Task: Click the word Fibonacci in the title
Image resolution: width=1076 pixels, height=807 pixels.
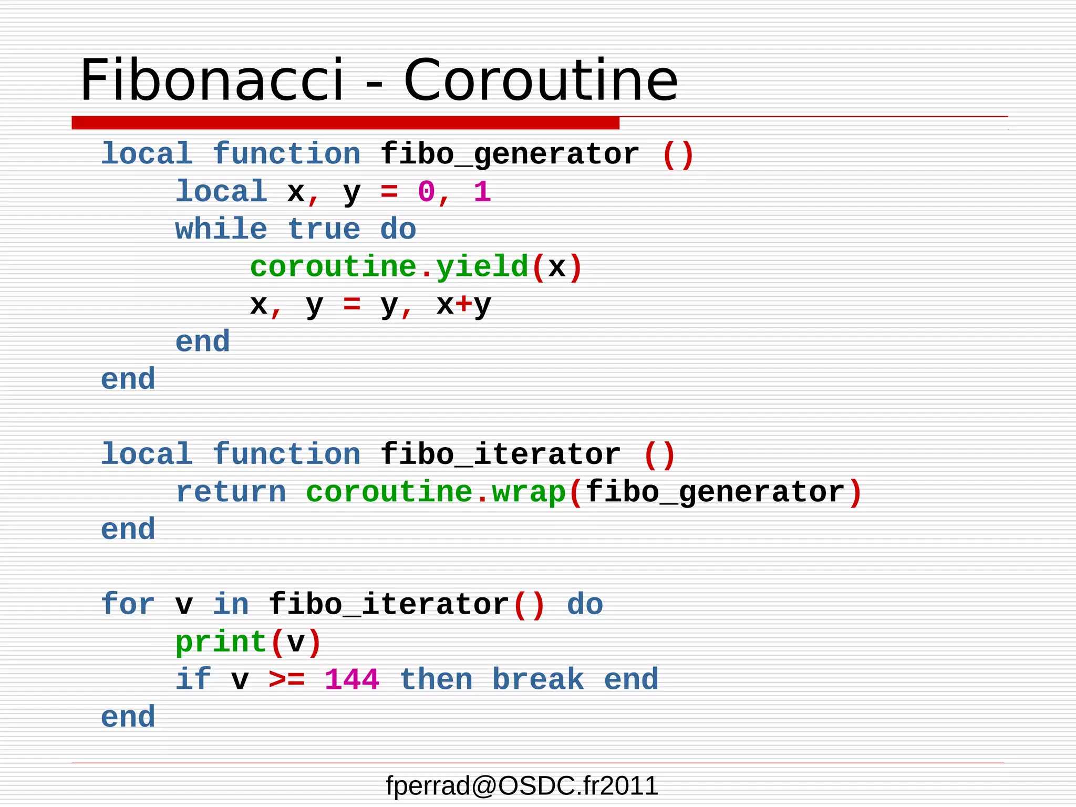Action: point(212,80)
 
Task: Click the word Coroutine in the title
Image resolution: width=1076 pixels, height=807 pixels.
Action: point(541,80)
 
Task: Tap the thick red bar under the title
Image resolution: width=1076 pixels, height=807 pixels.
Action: point(345,123)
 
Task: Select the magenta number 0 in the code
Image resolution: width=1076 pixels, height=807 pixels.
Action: point(426,192)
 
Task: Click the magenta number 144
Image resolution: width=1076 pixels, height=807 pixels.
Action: point(351,679)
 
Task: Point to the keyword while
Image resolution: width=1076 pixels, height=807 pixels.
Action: point(221,230)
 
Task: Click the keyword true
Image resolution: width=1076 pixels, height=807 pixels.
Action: point(324,230)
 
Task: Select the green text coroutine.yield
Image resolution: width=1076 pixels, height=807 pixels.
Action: point(389,267)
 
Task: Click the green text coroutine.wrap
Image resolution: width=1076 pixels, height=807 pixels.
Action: point(436,492)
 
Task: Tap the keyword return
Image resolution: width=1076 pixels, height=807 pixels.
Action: point(231,492)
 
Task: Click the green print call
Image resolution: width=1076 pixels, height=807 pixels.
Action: point(221,642)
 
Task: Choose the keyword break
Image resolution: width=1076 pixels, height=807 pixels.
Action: point(538,679)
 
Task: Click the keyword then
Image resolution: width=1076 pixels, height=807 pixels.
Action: point(436,679)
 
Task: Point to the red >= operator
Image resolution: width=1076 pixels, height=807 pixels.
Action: point(286,679)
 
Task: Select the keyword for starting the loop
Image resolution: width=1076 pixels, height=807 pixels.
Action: point(128,604)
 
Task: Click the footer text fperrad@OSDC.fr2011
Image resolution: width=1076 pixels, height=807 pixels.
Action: point(522,786)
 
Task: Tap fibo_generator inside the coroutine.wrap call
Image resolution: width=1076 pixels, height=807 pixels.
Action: point(715,492)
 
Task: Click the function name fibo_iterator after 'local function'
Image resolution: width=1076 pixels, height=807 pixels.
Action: point(500,454)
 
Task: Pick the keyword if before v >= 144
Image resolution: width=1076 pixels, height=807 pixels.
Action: point(193,679)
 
